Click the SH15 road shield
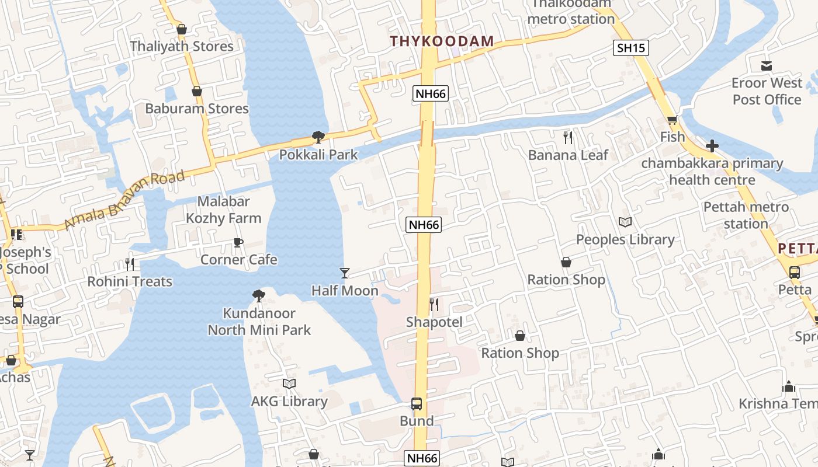[632, 48]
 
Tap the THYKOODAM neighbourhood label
[442, 41]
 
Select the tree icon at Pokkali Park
[318, 137]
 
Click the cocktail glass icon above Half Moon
[345, 273]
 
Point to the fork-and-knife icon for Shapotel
[434, 304]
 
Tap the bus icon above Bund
[417, 403]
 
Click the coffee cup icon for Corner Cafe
[238, 242]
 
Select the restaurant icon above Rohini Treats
[130, 264]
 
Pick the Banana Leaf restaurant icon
[568, 138]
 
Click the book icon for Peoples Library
[625, 222]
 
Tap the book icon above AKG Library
[289, 384]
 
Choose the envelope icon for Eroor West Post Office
[767, 65]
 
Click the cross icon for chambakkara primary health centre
[712, 145]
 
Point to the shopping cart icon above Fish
[672, 120]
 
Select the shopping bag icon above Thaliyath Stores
[182, 29]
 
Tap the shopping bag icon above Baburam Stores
[197, 91]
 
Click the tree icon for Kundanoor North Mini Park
[259, 296]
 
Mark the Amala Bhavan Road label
[124, 199]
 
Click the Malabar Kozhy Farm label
[224, 210]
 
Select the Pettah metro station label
[746, 215]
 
